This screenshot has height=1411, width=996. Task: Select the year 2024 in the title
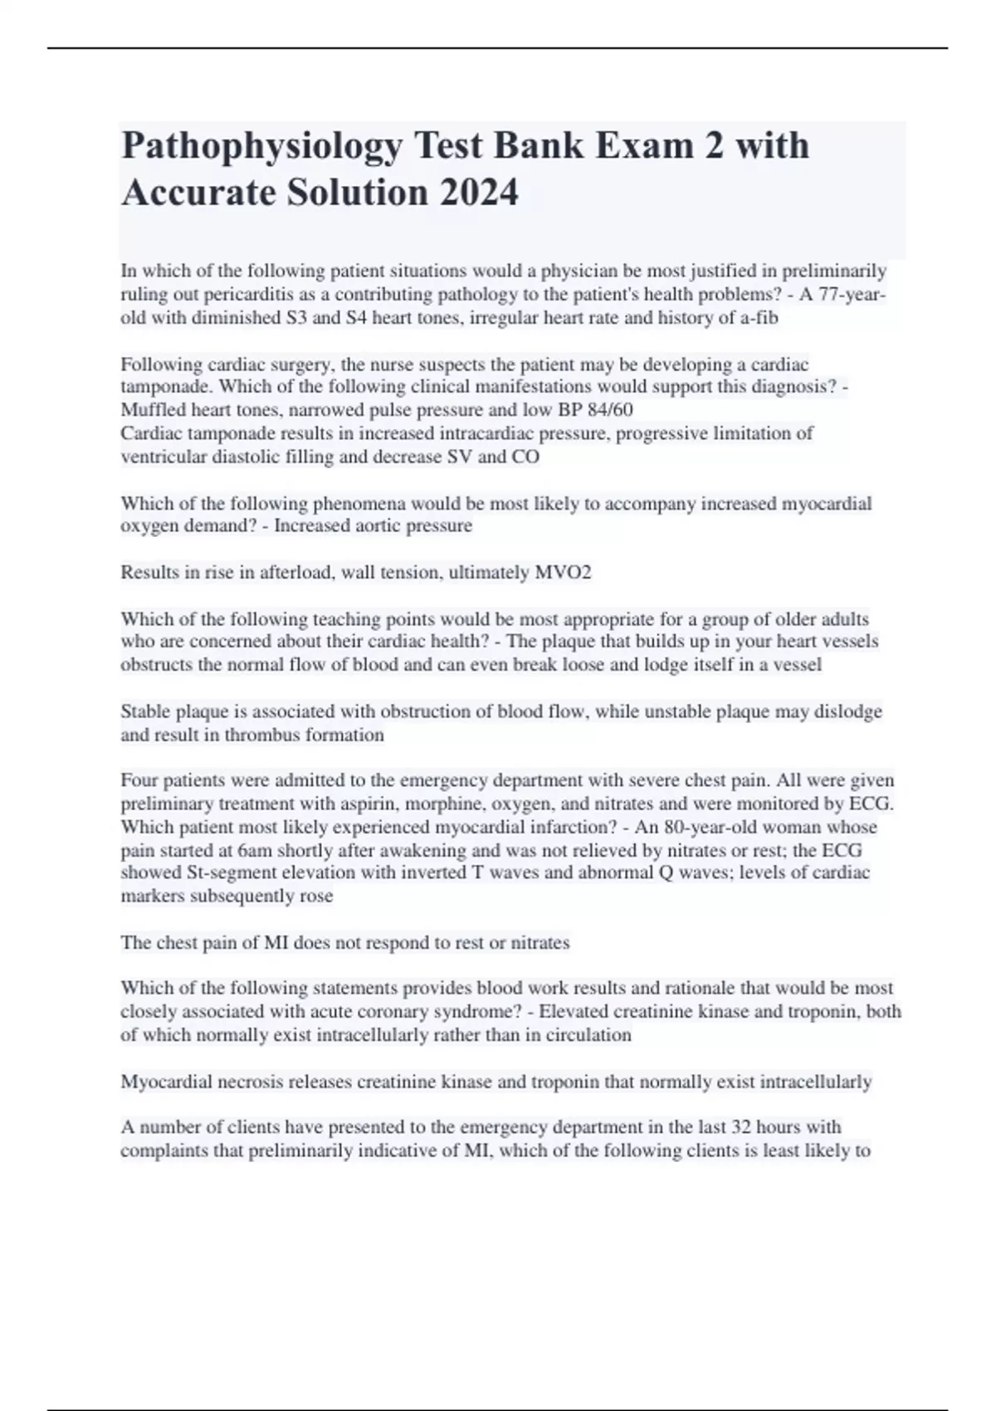[x=479, y=193]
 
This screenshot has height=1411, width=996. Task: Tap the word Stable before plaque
[x=145, y=711]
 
